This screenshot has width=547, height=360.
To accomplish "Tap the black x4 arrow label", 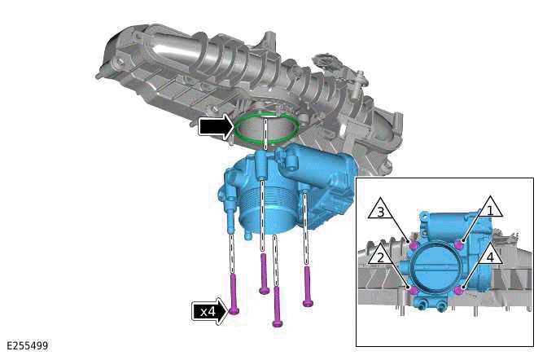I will [209, 311].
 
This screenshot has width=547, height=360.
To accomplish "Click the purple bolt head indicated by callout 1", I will [460, 244].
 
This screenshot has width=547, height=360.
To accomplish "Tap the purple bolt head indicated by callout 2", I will [414, 290].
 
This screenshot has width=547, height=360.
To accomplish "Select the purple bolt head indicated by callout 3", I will [414, 244].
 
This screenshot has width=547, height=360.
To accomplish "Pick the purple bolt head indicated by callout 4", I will [460, 289].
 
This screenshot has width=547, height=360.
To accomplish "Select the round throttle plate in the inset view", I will [437, 267].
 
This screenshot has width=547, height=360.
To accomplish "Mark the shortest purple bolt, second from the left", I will [264, 274].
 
